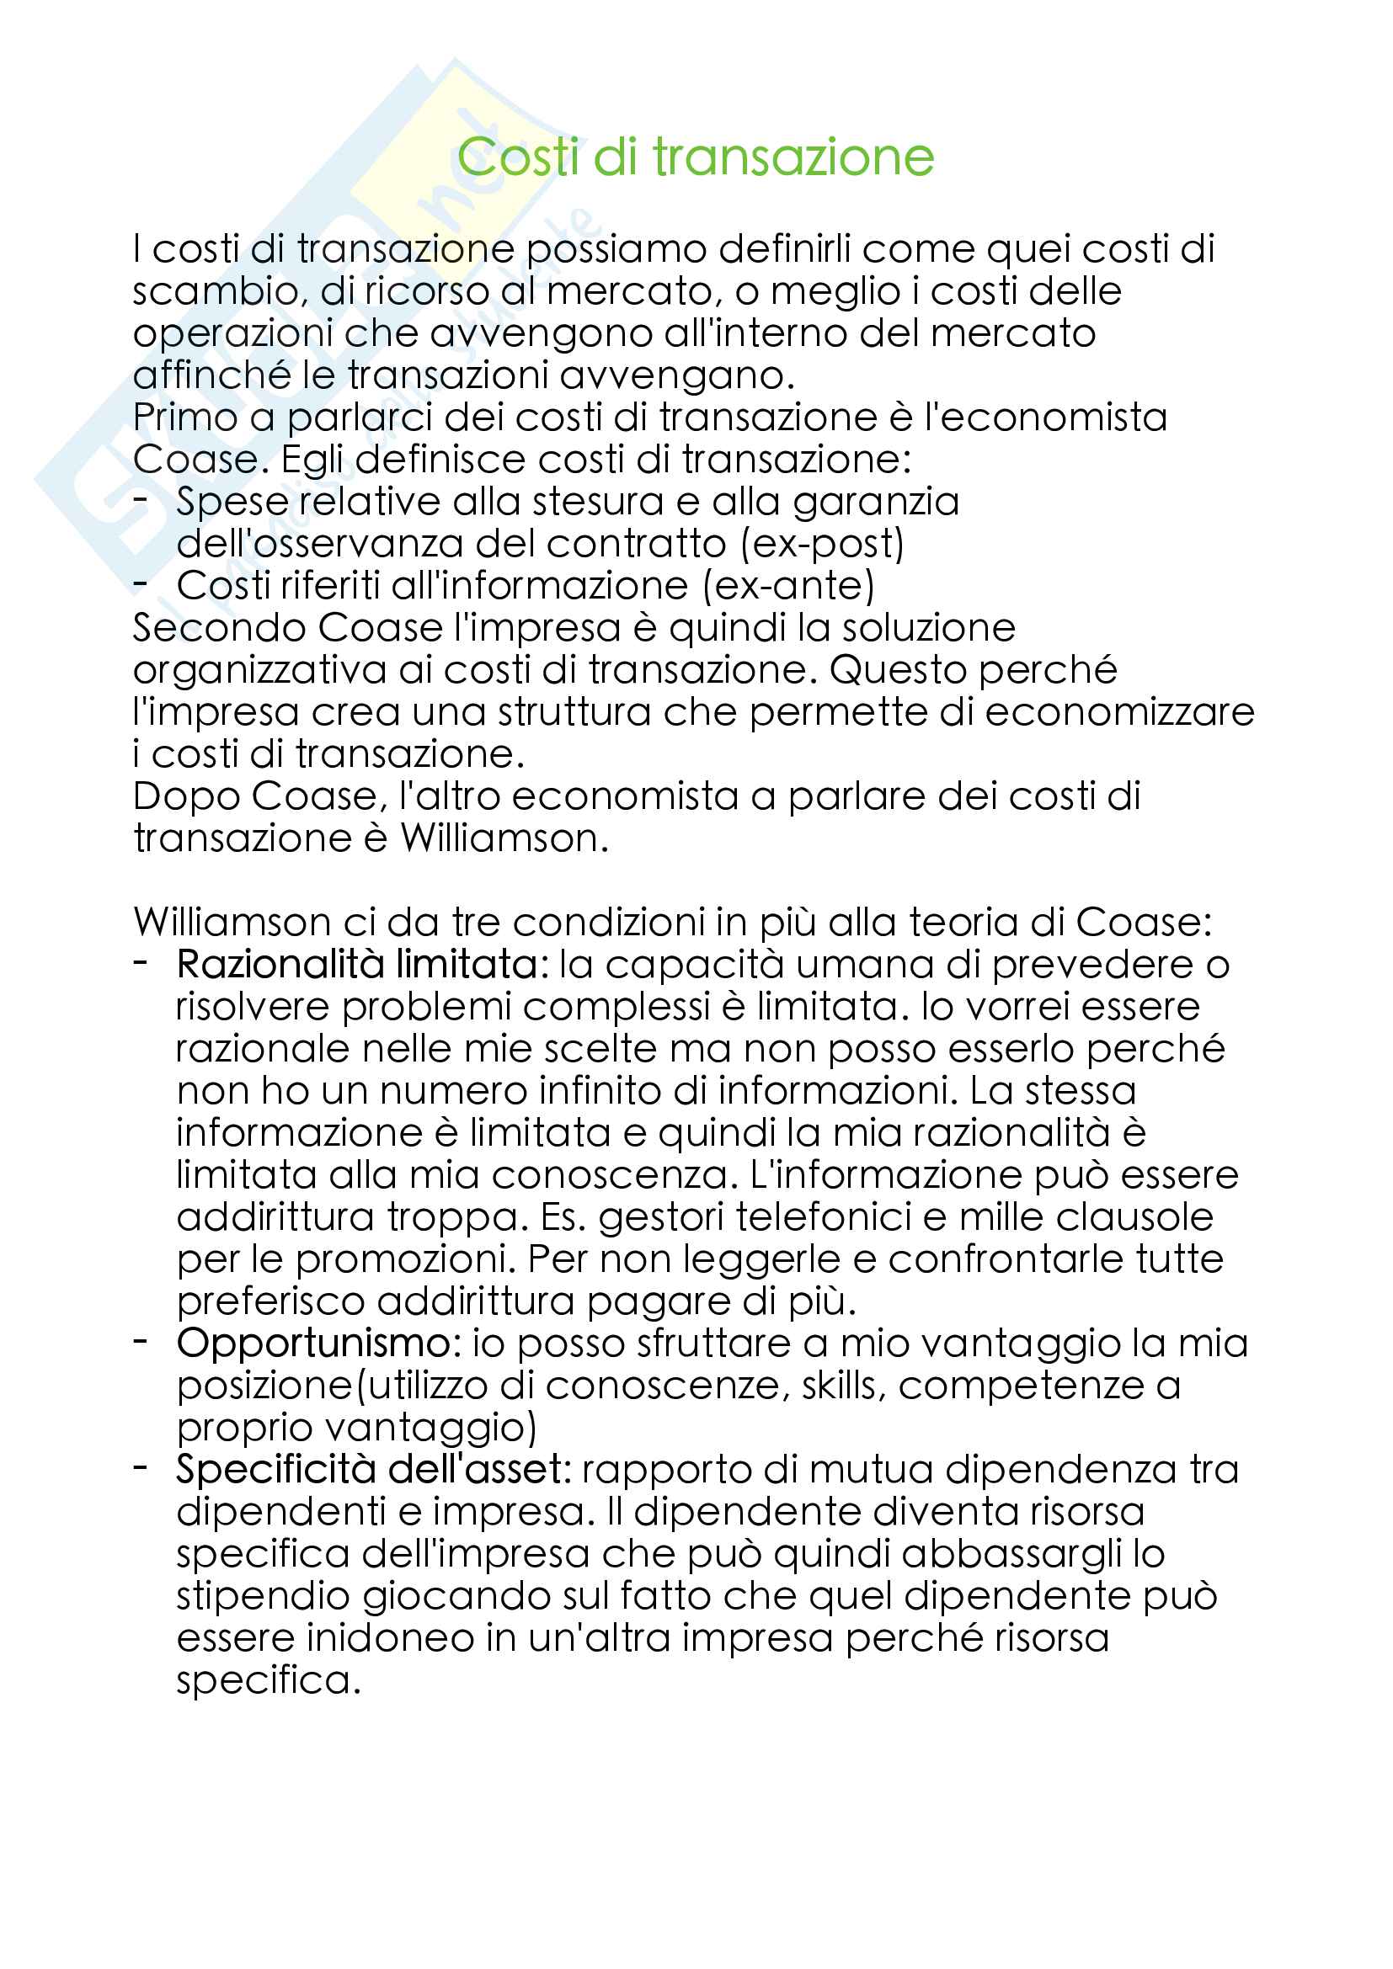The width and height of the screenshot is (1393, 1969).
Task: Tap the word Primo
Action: click(185, 418)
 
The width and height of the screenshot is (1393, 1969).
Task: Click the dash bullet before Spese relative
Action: click(141, 499)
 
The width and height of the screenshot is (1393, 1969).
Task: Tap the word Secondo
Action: click(218, 628)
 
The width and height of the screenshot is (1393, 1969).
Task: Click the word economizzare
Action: click(1119, 712)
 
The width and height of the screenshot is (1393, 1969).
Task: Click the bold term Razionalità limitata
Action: click(358, 964)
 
